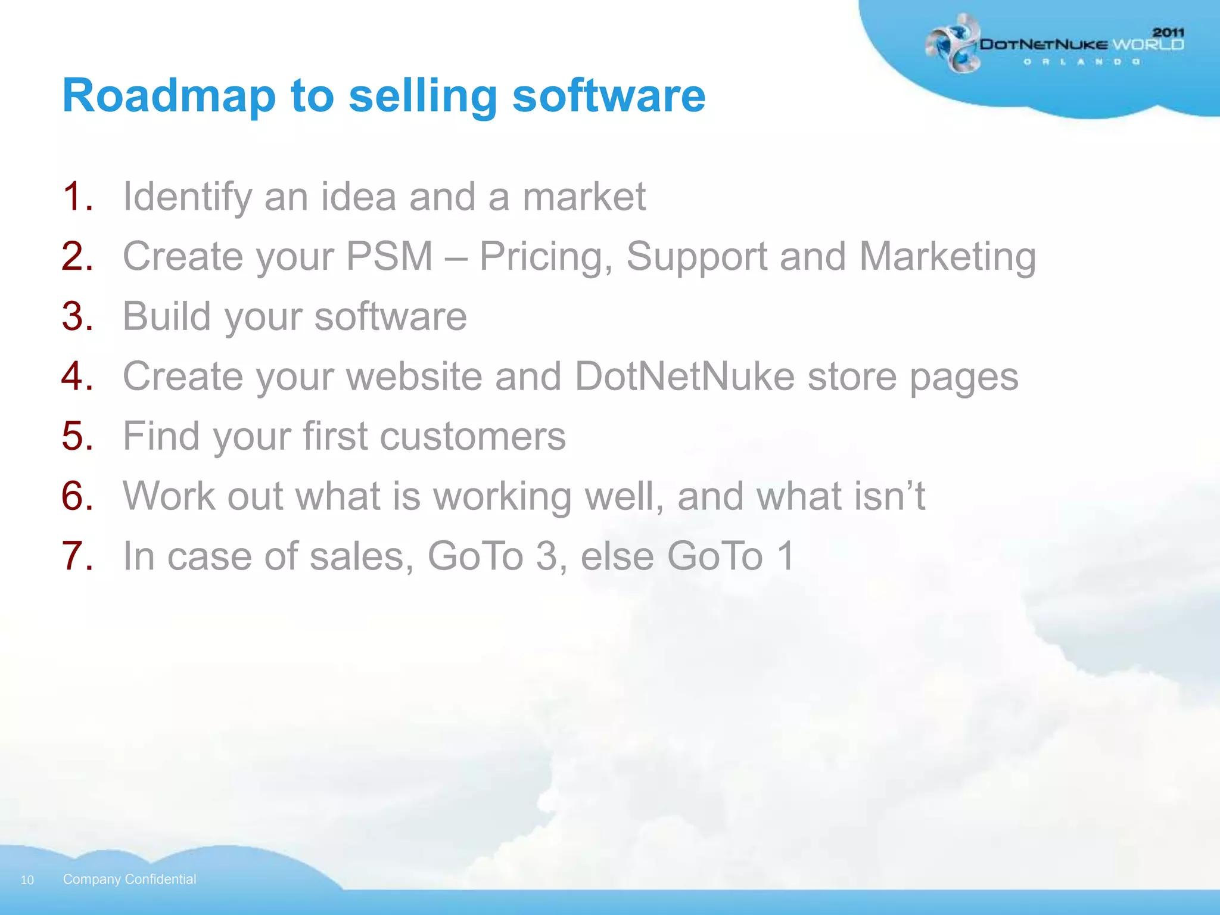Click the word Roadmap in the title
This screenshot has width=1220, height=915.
(x=169, y=97)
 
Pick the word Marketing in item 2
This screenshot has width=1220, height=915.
(x=947, y=257)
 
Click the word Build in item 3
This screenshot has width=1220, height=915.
(x=167, y=316)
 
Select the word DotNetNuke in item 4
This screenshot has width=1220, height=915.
(x=684, y=376)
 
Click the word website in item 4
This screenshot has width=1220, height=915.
(x=414, y=376)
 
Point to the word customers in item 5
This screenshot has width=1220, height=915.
(x=472, y=436)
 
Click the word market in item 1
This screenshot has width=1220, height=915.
(x=584, y=197)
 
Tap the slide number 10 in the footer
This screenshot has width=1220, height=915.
(x=27, y=880)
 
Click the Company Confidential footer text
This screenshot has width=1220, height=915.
(x=129, y=879)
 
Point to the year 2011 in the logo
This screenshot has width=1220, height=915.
(x=1168, y=32)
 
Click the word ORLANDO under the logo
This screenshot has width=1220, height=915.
(x=1082, y=62)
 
